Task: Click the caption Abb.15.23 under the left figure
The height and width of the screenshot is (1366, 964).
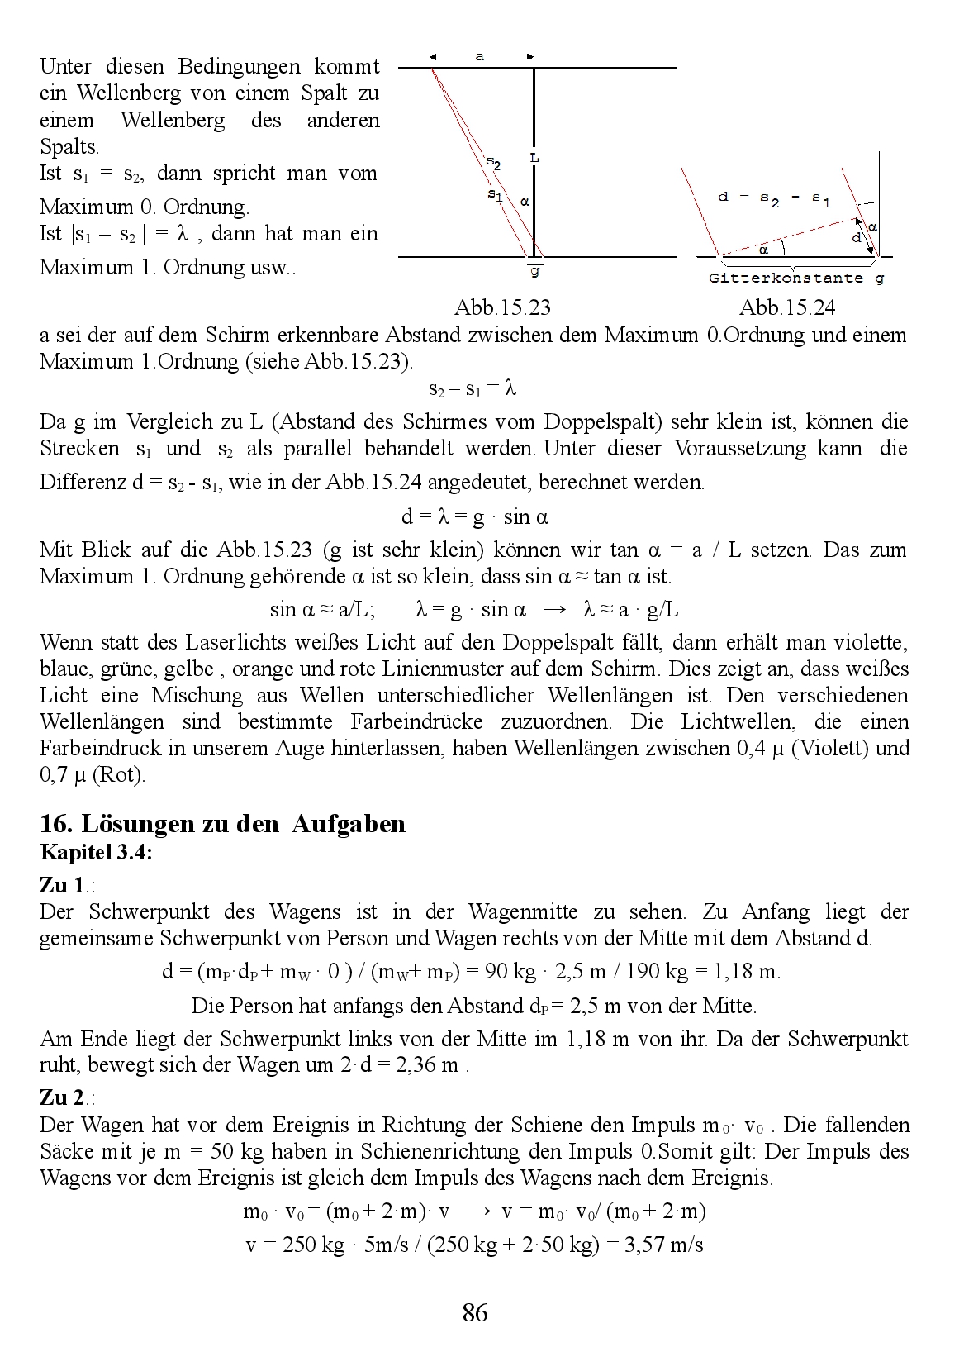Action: point(502,308)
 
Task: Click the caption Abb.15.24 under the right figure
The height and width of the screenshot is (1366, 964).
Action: point(786,308)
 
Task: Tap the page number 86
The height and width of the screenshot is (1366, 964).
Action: point(475,1311)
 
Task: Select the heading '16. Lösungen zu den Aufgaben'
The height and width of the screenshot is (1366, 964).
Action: point(222,824)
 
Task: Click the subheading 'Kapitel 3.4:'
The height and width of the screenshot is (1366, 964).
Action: point(96,853)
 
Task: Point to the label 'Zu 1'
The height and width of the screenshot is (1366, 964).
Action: point(62,885)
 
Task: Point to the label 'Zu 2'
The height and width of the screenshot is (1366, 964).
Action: point(62,1097)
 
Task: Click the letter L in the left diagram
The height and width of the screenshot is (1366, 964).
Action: point(534,157)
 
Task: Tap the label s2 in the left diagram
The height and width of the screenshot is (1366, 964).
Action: point(492,162)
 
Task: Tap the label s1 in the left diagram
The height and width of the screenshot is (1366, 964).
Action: point(495,196)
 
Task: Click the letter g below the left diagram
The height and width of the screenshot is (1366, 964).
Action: point(535,271)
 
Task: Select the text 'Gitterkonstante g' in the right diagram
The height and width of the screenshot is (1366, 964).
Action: point(796,278)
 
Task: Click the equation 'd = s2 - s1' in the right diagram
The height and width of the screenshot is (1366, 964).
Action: point(774,198)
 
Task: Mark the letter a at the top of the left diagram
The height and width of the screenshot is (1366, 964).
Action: point(480,56)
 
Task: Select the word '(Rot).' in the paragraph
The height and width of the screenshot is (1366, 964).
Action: point(119,775)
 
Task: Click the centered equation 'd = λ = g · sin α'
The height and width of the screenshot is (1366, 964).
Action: point(475,517)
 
